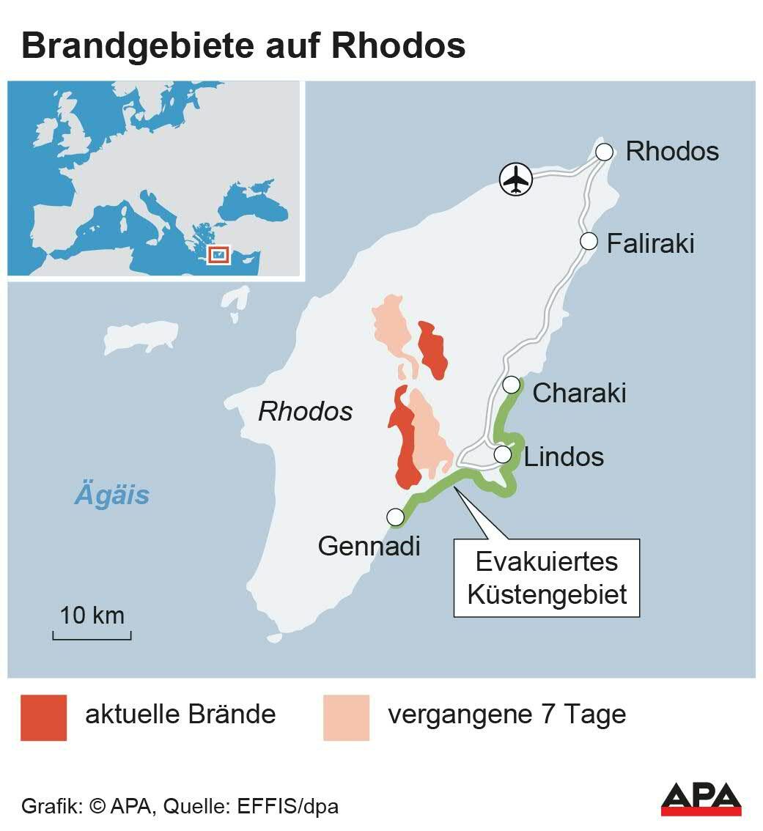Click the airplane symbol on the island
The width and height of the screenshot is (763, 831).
517,179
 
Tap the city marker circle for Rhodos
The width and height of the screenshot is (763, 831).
604,152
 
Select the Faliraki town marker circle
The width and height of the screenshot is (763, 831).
589,240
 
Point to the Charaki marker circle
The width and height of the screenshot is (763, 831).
512,384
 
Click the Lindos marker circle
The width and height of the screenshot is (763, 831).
503,454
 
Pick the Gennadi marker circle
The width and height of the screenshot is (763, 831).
396,517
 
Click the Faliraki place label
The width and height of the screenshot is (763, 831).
650,243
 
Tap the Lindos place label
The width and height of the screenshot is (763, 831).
564,457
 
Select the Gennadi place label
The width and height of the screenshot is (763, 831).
369,546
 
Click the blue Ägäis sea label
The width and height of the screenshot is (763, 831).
112,495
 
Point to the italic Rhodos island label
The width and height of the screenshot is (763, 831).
305,412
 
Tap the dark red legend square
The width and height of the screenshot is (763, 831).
44,717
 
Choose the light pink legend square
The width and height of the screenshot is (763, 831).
346,717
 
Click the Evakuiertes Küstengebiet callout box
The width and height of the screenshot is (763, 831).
547,578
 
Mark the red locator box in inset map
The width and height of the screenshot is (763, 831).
218,254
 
